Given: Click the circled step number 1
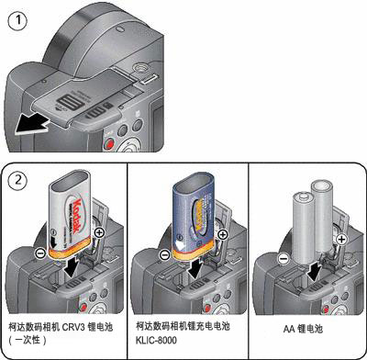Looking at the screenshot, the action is (17, 20).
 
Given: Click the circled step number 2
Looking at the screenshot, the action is (18, 180).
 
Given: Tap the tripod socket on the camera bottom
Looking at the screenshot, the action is (140, 67).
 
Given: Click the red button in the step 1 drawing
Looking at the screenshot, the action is (108, 143).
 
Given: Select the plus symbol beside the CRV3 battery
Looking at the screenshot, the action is (99, 233).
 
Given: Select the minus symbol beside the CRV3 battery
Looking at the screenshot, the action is (40, 253).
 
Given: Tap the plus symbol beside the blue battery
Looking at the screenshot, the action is (223, 235).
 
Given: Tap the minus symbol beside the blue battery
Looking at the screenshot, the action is (165, 254).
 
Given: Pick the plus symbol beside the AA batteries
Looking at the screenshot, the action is (341, 239).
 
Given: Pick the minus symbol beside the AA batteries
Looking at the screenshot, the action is (284, 259).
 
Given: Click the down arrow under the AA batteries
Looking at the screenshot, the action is (315, 269).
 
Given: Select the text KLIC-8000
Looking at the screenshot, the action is (156, 341).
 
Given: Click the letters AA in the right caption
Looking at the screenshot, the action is (289, 330).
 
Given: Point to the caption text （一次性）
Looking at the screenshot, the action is (28, 340).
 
